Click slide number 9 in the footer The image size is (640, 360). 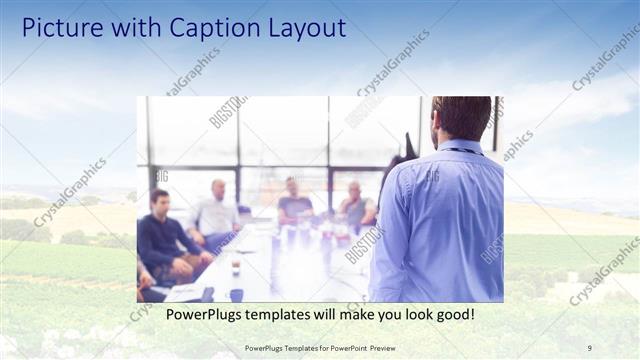pyautogui.click(x=588, y=348)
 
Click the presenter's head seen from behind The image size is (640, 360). pyautogui.click(x=460, y=118)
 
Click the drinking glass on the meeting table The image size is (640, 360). pyautogui.click(x=236, y=267)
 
